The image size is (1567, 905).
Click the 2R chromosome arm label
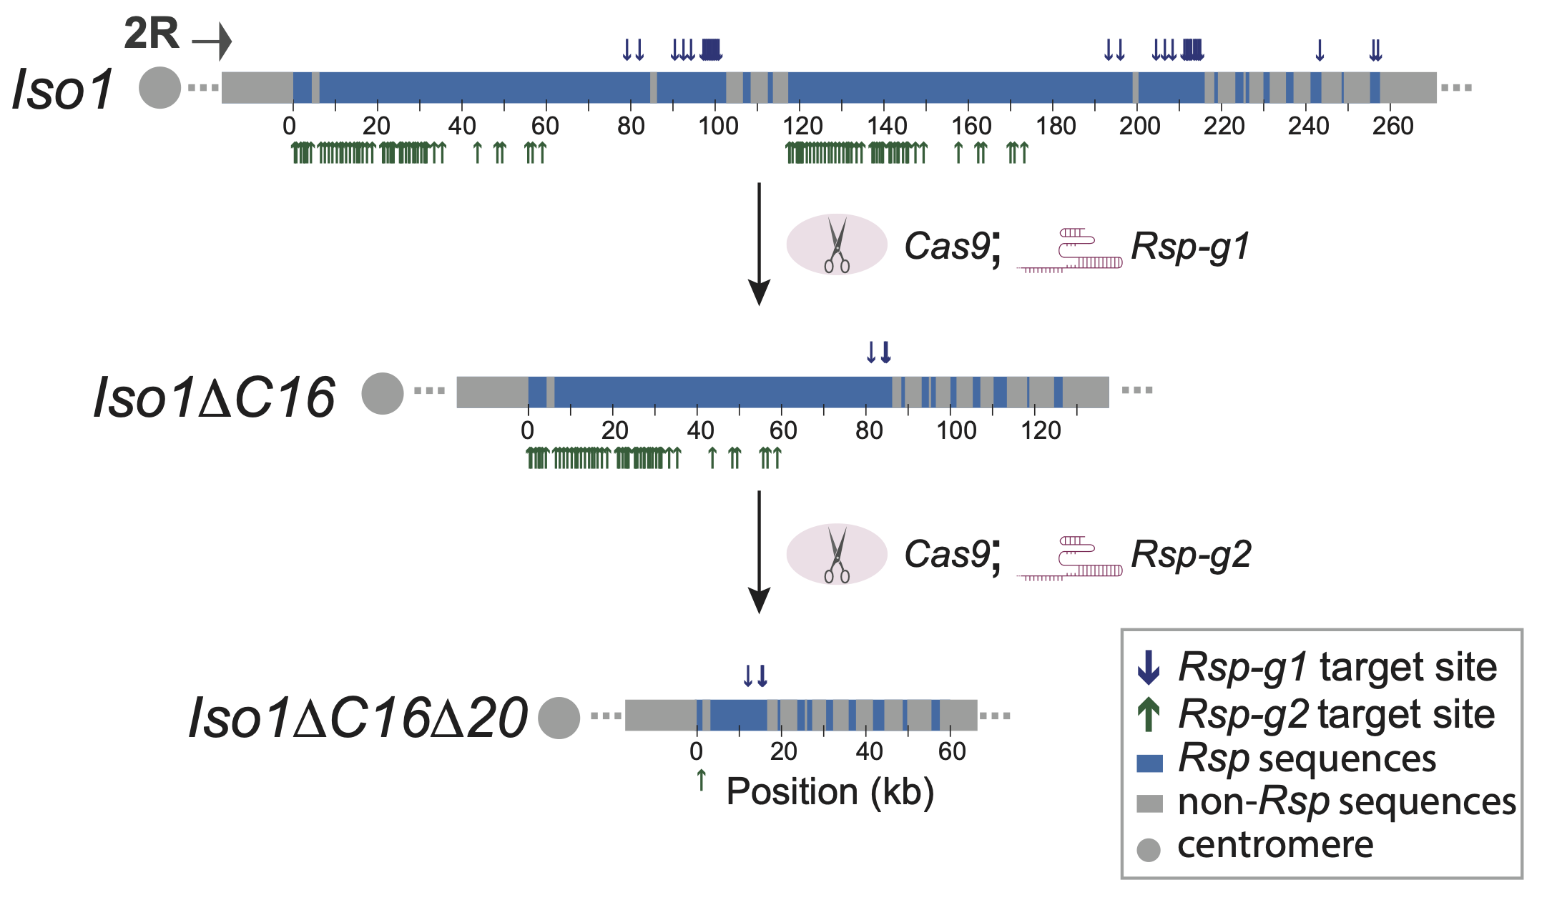(152, 34)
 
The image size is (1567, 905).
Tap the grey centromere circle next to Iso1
(159, 88)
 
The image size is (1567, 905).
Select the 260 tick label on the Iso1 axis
(1392, 127)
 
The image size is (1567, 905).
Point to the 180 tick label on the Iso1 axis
(1056, 127)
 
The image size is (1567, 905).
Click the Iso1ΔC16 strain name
(214, 397)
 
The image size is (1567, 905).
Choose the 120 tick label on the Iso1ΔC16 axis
(1041, 431)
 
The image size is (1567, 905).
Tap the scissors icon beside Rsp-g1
(836, 245)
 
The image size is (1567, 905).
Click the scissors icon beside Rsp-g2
(836, 555)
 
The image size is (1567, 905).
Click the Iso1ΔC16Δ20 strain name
(358, 718)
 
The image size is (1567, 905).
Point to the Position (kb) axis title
(830, 792)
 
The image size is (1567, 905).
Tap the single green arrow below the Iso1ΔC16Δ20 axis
(702, 780)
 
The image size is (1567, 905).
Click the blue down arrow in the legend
(1149, 667)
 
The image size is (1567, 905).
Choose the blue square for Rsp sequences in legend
(1149, 762)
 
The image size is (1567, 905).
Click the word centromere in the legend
(1275, 846)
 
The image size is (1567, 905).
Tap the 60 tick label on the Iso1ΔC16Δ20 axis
(952, 752)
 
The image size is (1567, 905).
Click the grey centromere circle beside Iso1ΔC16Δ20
(559, 718)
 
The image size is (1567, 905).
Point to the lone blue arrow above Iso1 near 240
(1320, 50)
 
